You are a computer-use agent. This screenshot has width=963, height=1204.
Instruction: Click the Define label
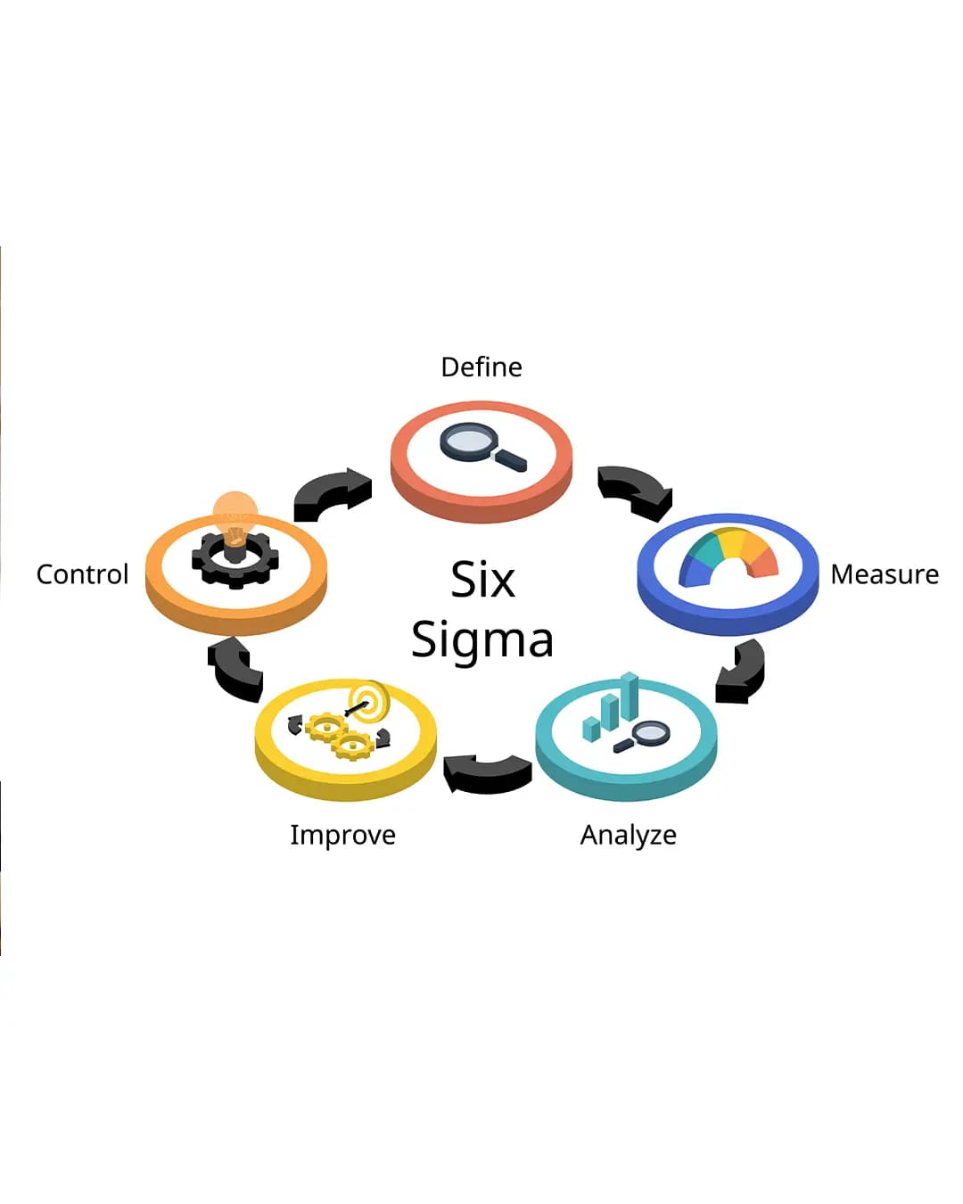point(481,367)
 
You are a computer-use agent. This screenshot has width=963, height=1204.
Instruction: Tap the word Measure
point(885,574)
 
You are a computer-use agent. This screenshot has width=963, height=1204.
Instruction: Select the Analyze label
point(628,836)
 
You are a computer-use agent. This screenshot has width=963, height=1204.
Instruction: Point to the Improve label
point(342,836)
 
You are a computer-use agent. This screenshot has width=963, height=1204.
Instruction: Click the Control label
point(82,574)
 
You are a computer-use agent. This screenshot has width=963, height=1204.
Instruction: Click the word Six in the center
point(482,579)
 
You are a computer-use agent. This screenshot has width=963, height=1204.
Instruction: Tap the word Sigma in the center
point(482,640)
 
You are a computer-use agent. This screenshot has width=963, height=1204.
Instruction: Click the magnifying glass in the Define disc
point(482,445)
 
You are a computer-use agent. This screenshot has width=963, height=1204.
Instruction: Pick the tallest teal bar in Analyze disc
point(630,696)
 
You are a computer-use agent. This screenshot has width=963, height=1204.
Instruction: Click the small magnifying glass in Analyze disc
point(642,737)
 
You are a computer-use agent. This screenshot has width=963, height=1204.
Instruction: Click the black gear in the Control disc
point(235,559)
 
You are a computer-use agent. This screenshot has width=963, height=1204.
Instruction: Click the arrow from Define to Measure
point(635,490)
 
